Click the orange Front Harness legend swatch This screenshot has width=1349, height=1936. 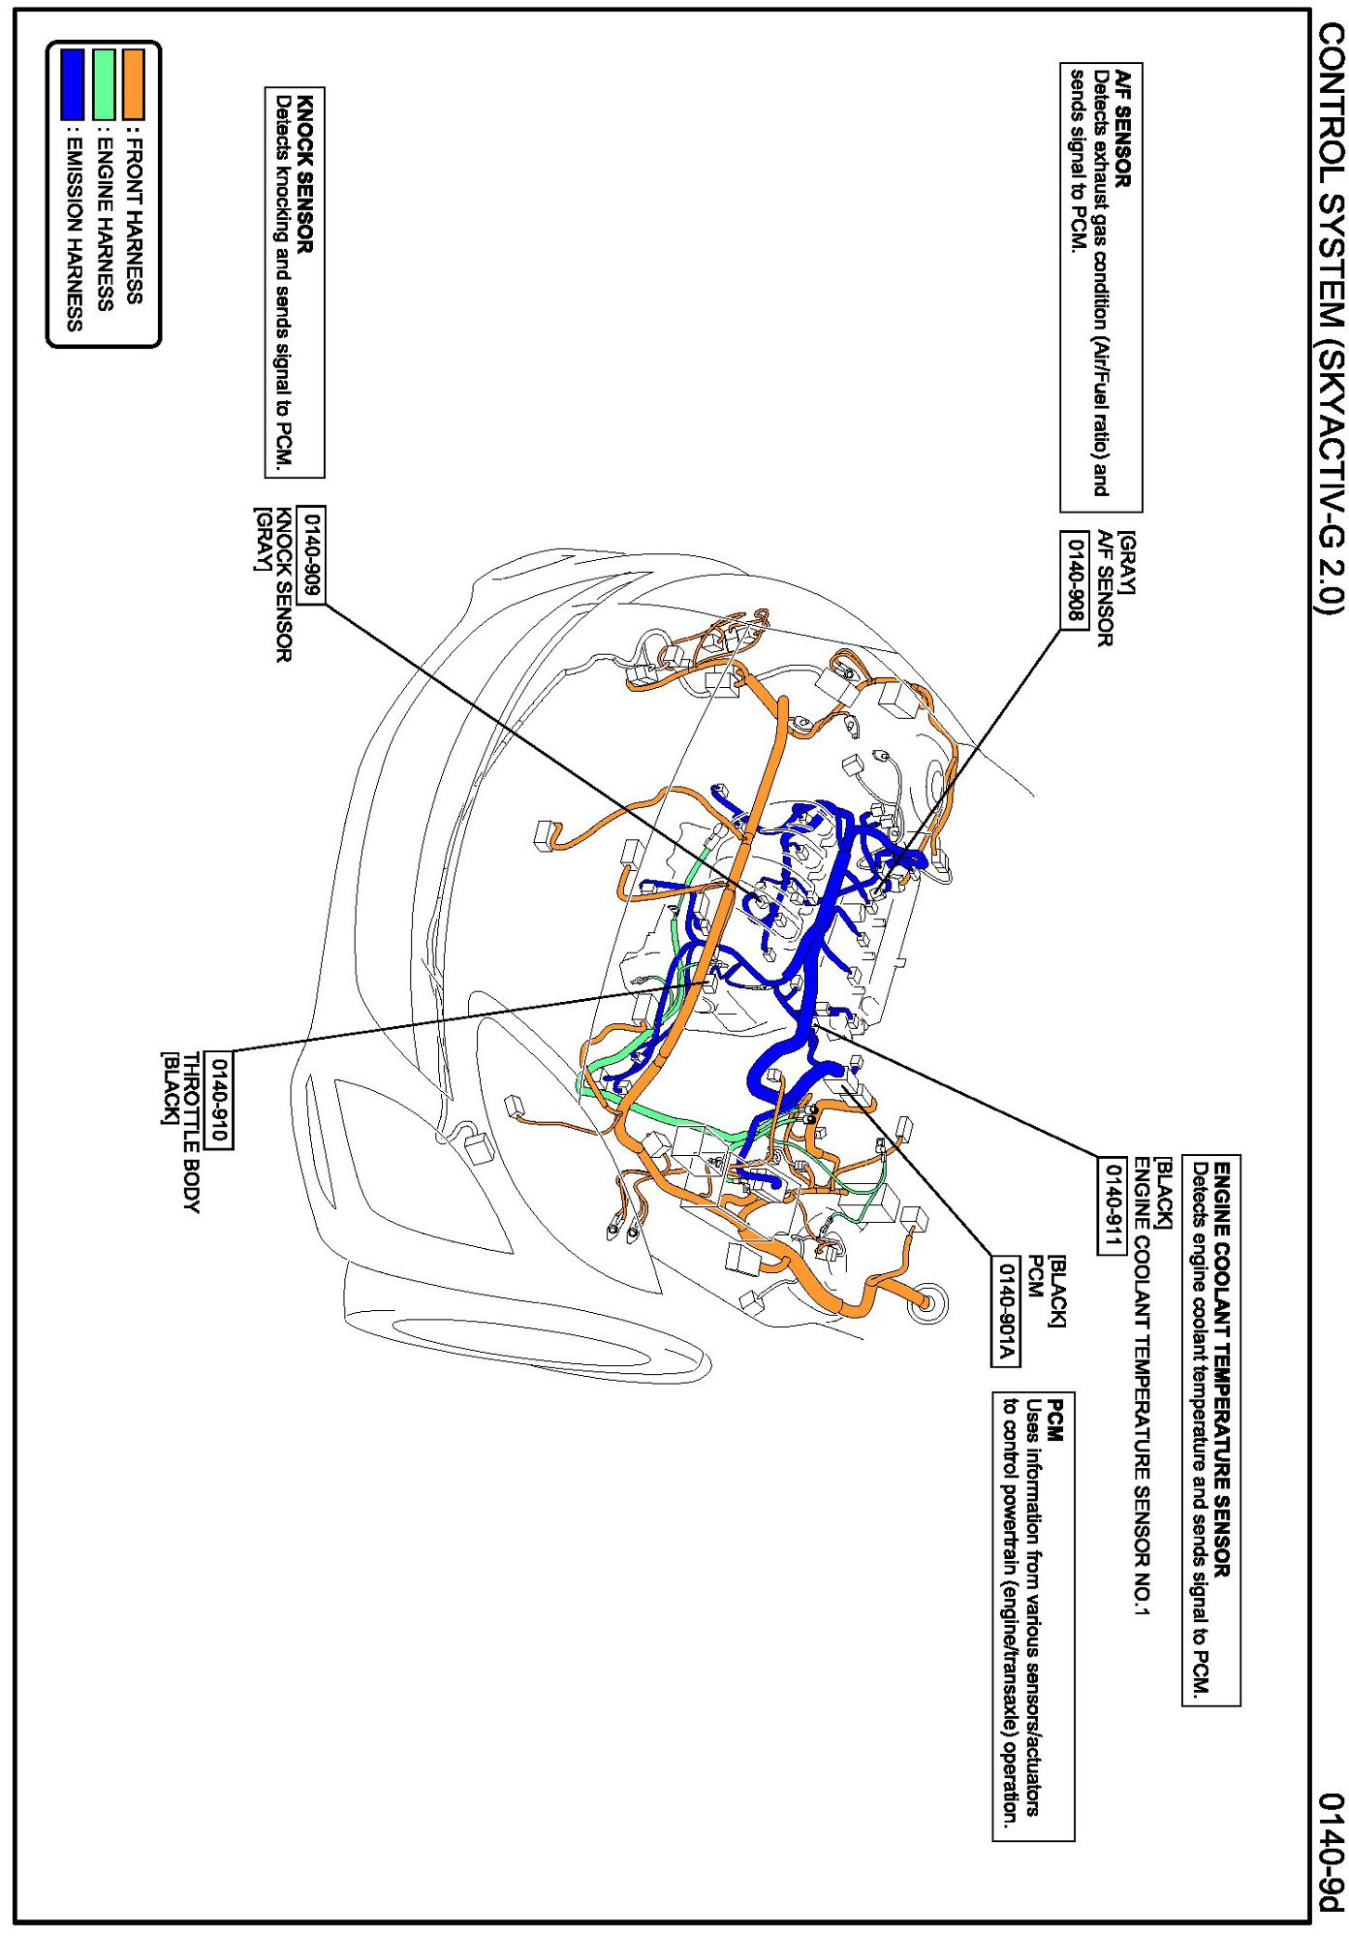(x=132, y=85)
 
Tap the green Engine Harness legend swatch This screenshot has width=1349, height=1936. (x=104, y=85)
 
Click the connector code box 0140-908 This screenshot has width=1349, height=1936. (x=1074, y=579)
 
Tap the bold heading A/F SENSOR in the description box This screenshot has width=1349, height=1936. (x=1123, y=128)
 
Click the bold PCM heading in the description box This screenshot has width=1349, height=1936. (x=1056, y=1421)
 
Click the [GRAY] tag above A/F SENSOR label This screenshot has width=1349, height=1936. (x=1127, y=562)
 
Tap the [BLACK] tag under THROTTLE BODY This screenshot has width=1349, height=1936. (x=170, y=1088)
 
